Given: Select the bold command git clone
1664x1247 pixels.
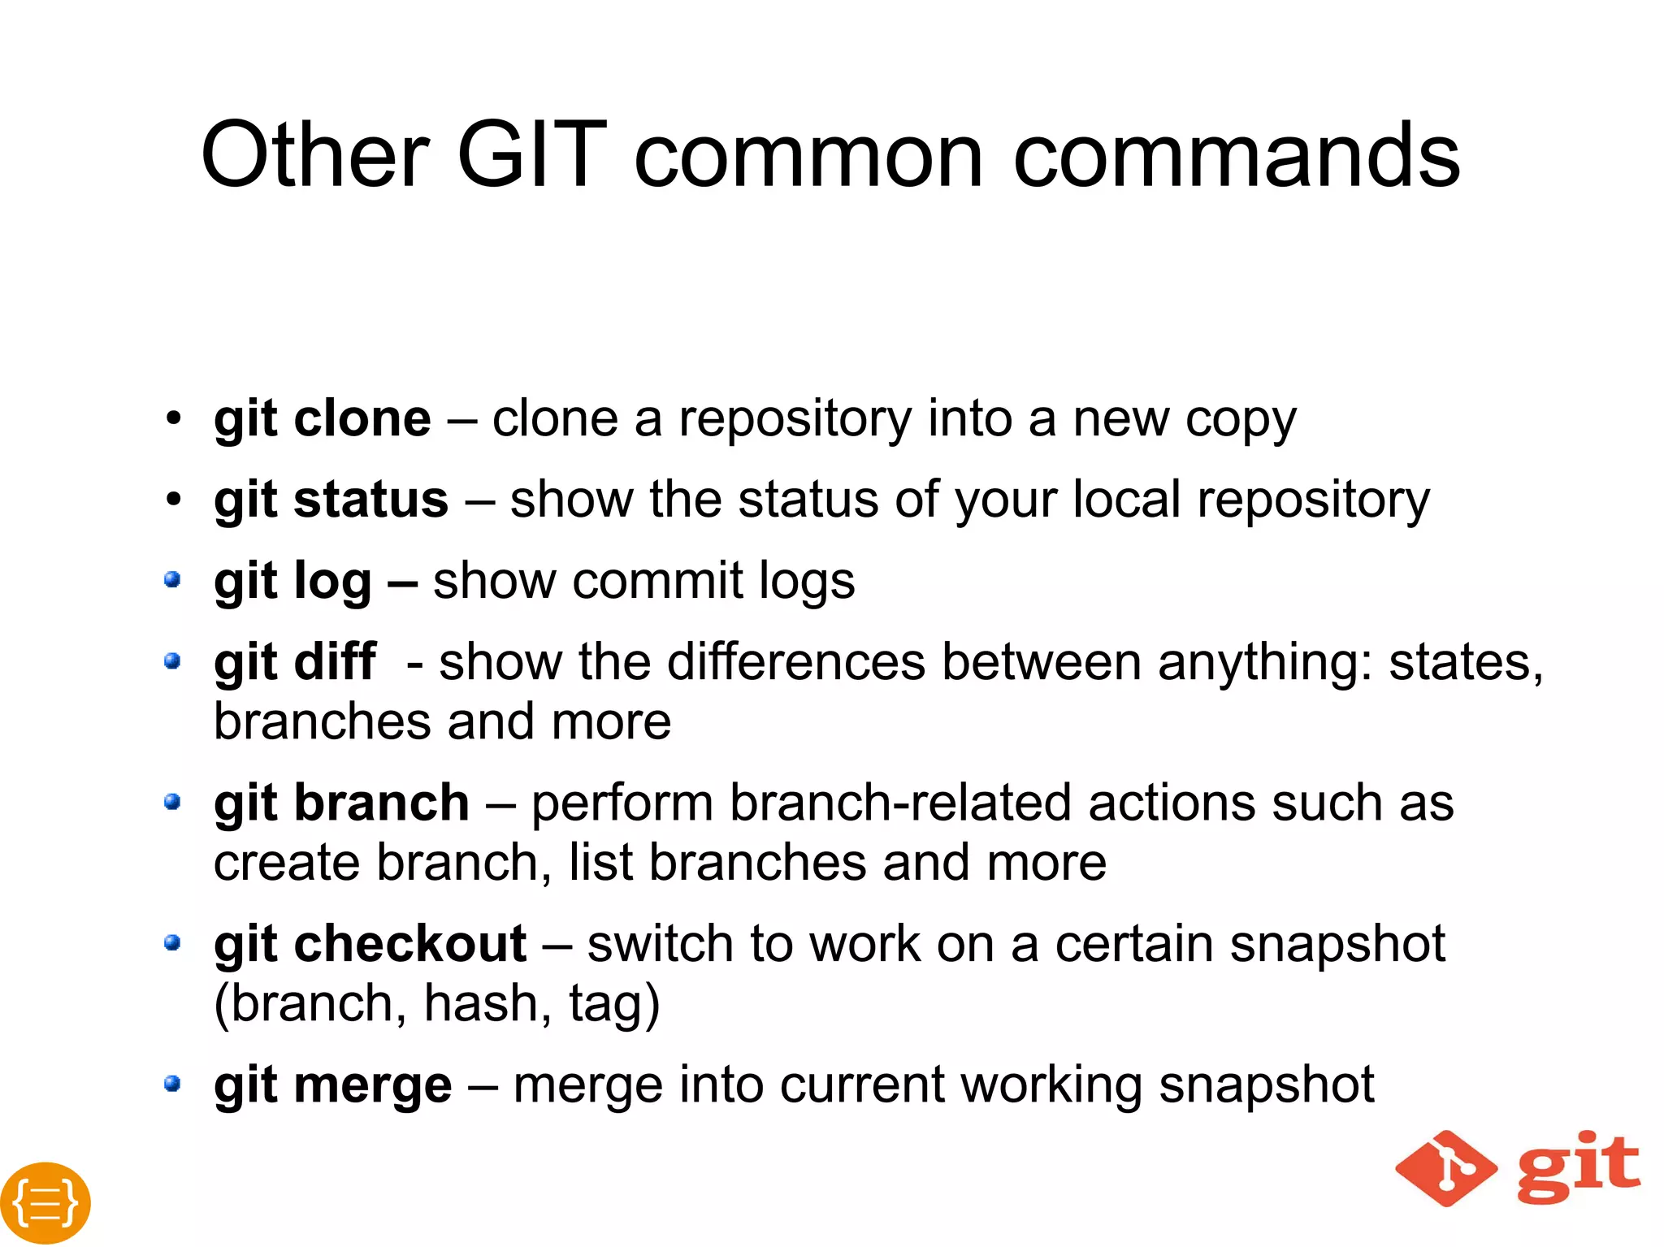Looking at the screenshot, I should pos(323,420).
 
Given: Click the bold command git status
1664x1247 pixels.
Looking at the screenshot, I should pos(331,500).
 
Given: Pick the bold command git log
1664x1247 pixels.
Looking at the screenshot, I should pos(292,582).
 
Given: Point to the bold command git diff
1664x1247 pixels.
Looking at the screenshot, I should pos(295,662).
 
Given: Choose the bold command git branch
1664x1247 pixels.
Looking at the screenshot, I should pos(341,803).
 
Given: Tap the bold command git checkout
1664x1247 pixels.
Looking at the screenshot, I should pos(370,945).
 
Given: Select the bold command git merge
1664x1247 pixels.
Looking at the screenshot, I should pos(332,1085).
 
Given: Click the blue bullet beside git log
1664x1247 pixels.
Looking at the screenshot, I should pos(171,580).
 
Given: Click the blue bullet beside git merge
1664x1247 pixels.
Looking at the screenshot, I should pos(171,1084).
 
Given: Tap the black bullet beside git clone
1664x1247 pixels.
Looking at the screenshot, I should pos(172,419).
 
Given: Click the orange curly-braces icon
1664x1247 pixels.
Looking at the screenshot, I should pos(45,1202).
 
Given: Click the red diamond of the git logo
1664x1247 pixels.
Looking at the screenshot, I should pos(1446,1168).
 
